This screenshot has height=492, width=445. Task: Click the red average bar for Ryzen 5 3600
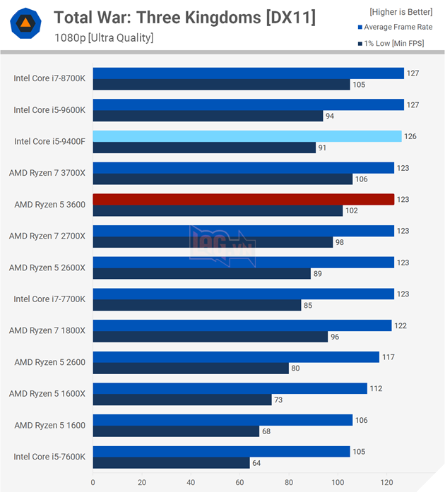point(243,200)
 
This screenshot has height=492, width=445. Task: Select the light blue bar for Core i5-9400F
point(247,136)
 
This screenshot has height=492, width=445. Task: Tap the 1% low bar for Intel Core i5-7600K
point(171,463)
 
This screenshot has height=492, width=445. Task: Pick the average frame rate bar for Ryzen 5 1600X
point(230,388)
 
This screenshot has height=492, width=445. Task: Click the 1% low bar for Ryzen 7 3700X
point(222,179)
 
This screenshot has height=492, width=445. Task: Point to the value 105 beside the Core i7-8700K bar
point(360,85)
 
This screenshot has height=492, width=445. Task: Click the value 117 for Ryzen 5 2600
point(388,357)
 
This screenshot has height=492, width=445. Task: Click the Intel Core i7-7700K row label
point(49,299)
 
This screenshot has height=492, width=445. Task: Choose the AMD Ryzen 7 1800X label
point(47,330)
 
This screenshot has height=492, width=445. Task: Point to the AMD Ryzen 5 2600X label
point(47,268)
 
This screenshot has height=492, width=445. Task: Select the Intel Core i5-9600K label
point(49,110)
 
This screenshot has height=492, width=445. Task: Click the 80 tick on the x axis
point(289,484)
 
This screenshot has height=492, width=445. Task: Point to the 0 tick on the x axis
point(93,484)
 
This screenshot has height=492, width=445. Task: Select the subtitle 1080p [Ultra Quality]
point(103,37)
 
